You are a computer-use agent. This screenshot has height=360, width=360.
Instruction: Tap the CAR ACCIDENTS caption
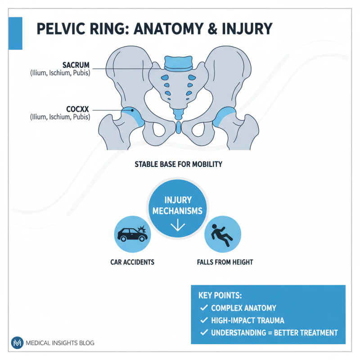pyautogui.click(x=132, y=262)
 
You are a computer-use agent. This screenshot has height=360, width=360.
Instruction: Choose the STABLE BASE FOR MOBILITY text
pyautogui.click(x=178, y=165)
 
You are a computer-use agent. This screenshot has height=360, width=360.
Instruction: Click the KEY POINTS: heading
pyautogui.click(x=220, y=296)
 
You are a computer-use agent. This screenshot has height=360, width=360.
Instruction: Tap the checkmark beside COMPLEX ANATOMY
pyautogui.click(x=203, y=308)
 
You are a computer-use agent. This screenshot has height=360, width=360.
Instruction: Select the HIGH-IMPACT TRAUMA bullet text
pyautogui.click(x=247, y=320)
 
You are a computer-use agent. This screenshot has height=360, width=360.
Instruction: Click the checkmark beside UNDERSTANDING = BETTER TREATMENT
pyautogui.click(x=203, y=333)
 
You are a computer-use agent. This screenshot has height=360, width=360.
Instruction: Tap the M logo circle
pyautogui.click(x=18, y=343)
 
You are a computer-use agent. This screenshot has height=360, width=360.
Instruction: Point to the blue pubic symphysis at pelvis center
pyautogui.click(x=178, y=127)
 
